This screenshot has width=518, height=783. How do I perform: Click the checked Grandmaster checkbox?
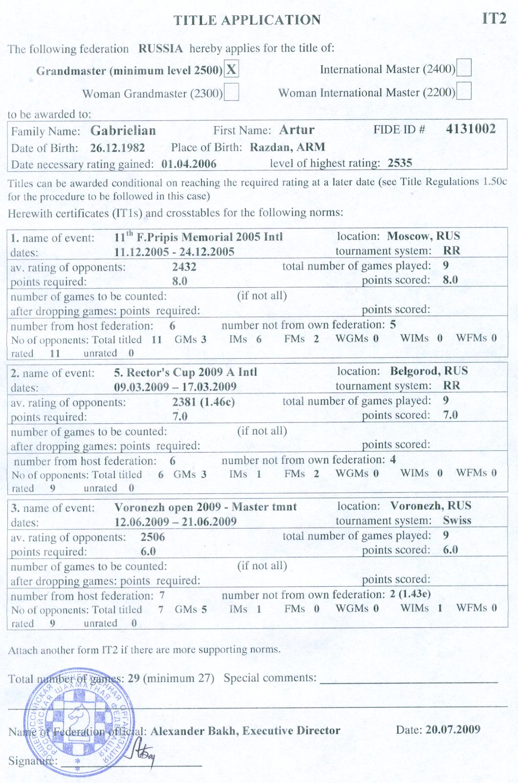click(231, 70)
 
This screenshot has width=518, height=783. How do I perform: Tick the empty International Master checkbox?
click(463, 68)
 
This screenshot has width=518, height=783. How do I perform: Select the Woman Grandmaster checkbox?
click(231, 92)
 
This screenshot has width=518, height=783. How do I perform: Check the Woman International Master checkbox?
click(463, 91)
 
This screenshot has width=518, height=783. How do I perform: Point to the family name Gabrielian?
click(123, 131)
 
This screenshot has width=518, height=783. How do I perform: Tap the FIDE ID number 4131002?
click(471, 129)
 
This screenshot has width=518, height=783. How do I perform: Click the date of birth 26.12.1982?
click(117, 148)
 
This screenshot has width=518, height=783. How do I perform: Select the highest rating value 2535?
click(400, 163)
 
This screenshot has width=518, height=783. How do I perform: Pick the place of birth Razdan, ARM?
click(287, 147)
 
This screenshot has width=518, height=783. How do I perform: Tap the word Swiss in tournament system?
click(457, 520)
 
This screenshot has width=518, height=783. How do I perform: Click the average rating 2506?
click(153, 537)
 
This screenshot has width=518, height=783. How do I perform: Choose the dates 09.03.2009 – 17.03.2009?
click(175, 387)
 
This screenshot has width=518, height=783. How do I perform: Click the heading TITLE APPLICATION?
click(248, 20)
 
